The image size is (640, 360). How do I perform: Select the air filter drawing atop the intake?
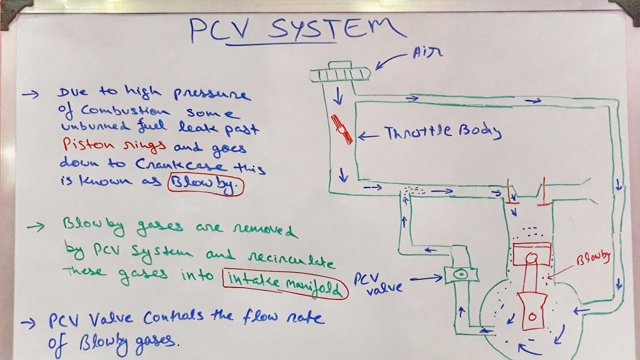coord(339,73)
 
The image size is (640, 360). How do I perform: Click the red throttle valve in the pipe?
coord(342,129)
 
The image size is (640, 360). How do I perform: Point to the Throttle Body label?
coord(442,132)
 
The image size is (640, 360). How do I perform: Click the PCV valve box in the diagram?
coord(460,274)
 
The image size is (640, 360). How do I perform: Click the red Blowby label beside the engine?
coord(594,258)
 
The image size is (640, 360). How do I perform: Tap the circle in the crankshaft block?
coord(532,317)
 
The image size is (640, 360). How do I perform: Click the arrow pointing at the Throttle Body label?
coord(369,135)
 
